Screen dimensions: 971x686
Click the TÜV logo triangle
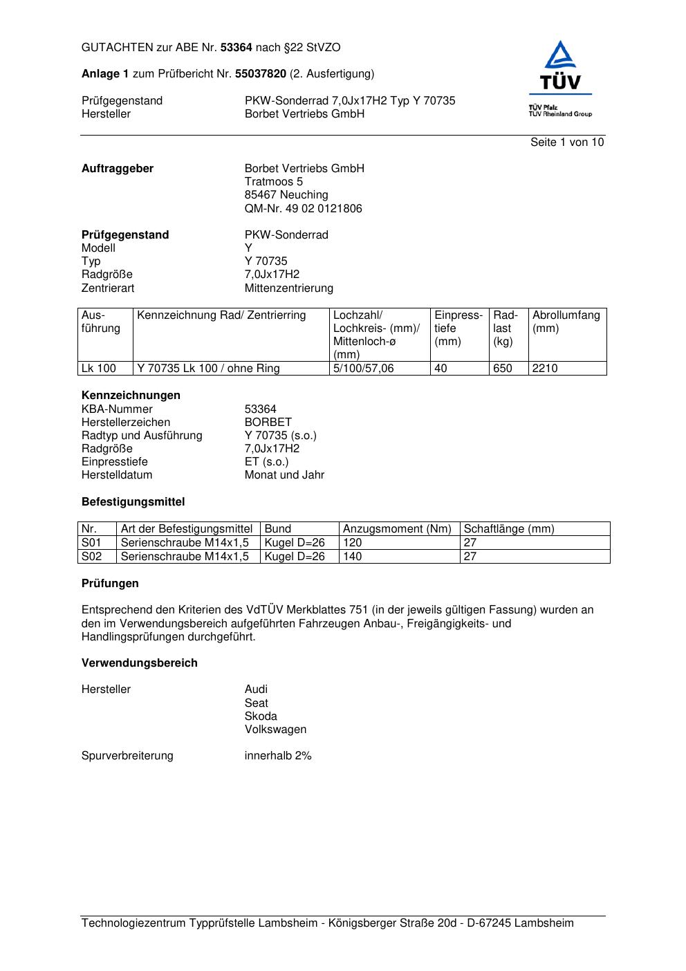point(560,57)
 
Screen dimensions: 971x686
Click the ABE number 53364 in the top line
point(237,48)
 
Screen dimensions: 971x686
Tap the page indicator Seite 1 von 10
point(567,142)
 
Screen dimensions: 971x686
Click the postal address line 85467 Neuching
point(286,195)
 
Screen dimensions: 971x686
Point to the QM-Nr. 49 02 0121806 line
point(303,208)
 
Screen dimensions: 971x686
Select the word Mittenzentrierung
point(288,288)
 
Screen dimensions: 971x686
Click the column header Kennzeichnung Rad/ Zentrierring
point(221,315)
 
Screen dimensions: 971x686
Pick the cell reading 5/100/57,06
point(363,369)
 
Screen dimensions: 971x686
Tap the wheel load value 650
point(502,369)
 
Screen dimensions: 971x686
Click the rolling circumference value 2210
point(545,369)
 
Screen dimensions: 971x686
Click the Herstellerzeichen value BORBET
point(268,422)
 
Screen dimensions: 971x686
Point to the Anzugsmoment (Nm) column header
point(397,529)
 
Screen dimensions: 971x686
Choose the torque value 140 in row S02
point(353,556)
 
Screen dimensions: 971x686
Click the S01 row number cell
point(91,543)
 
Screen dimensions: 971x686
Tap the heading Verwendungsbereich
point(140,663)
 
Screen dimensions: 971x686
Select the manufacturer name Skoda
point(261,716)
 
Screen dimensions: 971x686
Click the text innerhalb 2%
point(278,756)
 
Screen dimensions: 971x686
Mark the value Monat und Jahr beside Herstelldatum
point(284,475)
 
